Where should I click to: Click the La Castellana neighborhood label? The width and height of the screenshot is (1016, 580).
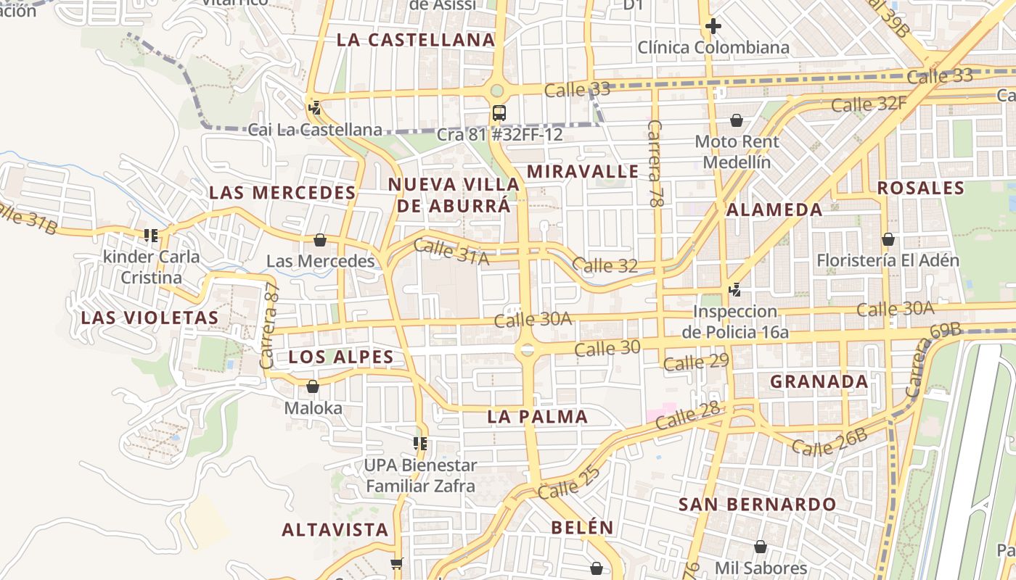pos(416,40)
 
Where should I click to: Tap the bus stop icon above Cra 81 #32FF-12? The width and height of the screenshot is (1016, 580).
pos(499,113)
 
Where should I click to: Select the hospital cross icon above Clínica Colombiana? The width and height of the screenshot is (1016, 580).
pos(713,27)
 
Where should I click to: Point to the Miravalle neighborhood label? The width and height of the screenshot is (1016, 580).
pos(583,172)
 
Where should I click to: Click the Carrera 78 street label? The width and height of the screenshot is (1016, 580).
pos(656,164)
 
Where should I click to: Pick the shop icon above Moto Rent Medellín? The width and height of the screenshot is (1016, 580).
pos(737,120)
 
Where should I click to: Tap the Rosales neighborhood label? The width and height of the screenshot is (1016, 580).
pos(921,188)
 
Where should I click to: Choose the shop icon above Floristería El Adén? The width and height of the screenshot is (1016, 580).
pos(888,239)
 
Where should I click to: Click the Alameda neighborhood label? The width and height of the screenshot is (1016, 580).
pos(774,210)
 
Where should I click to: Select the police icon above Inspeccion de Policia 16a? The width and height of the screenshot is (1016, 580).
pos(735,291)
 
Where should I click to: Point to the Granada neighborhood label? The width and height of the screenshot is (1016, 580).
pos(819,381)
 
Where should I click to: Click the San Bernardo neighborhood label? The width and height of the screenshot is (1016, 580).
pos(757,505)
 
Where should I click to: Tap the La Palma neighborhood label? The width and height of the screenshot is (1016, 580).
pos(538,417)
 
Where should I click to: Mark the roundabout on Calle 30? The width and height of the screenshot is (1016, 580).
pos(527,349)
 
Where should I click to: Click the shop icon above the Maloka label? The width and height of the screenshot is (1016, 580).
pos(313,387)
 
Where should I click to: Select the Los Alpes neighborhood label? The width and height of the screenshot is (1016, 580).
pos(341,357)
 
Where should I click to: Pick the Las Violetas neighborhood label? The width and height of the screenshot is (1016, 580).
pos(149,318)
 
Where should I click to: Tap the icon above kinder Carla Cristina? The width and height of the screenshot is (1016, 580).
pos(151,236)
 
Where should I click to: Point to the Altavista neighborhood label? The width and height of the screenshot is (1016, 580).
pos(335,529)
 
